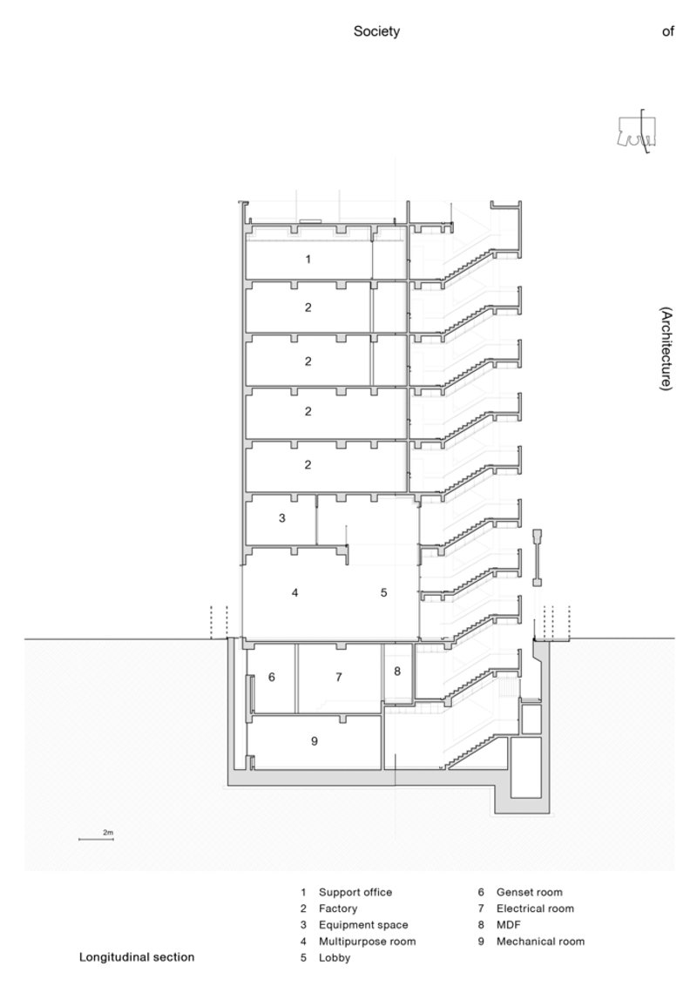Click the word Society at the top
point(376,31)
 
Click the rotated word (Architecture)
point(667,348)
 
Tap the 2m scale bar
point(96,839)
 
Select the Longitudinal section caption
point(137,957)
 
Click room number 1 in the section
point(308,259)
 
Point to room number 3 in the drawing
point(281,518)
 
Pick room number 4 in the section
point(294,592)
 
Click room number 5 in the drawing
point(383,592)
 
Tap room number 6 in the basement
point(272,677)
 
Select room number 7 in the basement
point(338,677)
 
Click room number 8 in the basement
point(397,671)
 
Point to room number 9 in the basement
point(315,740)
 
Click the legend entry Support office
point(355,892)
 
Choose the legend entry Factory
point(338,908)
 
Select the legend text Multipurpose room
point(368,942)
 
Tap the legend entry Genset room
point(530,892)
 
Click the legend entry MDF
point(509,925)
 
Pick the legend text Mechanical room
point(540,942)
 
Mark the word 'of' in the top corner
point(668,31)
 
